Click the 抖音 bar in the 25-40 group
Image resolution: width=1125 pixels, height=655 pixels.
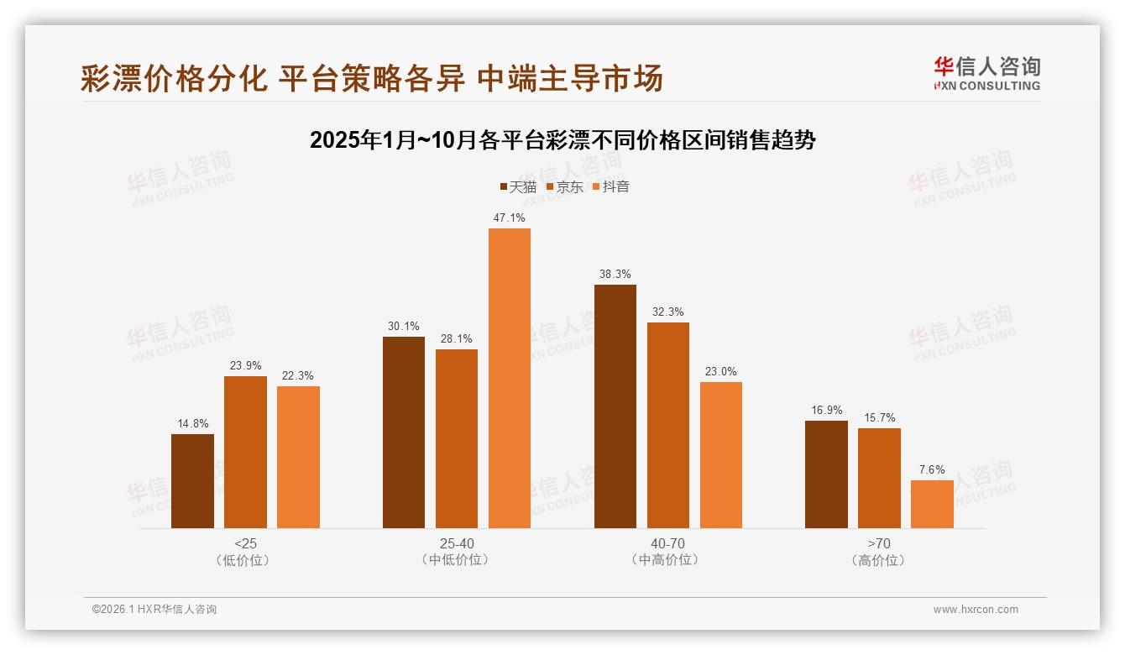tap(510, 378)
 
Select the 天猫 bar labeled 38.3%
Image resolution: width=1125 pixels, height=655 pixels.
tap(615, 406)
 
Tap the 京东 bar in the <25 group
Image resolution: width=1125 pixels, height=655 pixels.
tap(245, 452)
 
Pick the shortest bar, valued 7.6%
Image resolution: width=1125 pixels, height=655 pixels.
tap(932, 504)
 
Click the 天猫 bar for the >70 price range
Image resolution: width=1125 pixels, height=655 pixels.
tap(826, 474)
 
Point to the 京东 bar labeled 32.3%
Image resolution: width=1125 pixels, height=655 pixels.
tap(668, 425)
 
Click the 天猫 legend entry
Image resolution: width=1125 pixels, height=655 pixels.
tap(518, 187)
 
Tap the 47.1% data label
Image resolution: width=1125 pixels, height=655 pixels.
tap(510, 218)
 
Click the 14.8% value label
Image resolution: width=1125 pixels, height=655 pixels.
tap(192, 424)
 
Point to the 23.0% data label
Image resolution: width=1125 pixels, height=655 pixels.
tap(721, 372)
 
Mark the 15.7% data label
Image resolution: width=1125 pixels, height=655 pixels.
tap(879, 418)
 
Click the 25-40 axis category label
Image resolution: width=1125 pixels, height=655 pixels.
tap(457, 544)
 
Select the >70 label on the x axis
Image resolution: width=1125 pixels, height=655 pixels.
tap(879, 544)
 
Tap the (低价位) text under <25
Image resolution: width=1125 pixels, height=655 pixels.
tap(245, 560)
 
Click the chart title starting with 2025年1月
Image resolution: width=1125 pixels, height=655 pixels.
tap(562, 140)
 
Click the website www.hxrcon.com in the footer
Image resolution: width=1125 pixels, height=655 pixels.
tap(976, 610)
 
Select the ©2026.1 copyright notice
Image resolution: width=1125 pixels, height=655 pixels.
tap(154, 610)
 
